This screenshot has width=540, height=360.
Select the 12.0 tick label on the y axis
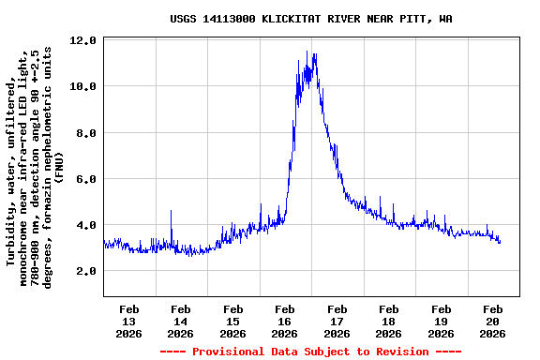[x=83, y=40]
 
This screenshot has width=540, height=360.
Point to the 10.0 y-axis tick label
[x=83, y=86]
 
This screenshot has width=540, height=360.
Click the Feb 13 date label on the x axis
[x=129, y=321]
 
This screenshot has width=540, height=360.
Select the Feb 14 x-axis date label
[x=181, y=321]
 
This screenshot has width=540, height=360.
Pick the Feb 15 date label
[x=232, y=321]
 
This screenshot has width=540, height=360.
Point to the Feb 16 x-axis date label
[x=285, y=321]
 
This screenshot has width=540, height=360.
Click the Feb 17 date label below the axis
[x=337, y=321]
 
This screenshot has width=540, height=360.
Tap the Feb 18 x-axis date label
[x=388, y=321]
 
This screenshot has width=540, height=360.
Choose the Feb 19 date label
[x=440, y=321]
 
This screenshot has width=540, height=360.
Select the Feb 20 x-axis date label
[x=492, y=321]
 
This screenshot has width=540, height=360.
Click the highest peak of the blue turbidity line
[x=315, y=54]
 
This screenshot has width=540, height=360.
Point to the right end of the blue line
[x=500, y=242]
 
